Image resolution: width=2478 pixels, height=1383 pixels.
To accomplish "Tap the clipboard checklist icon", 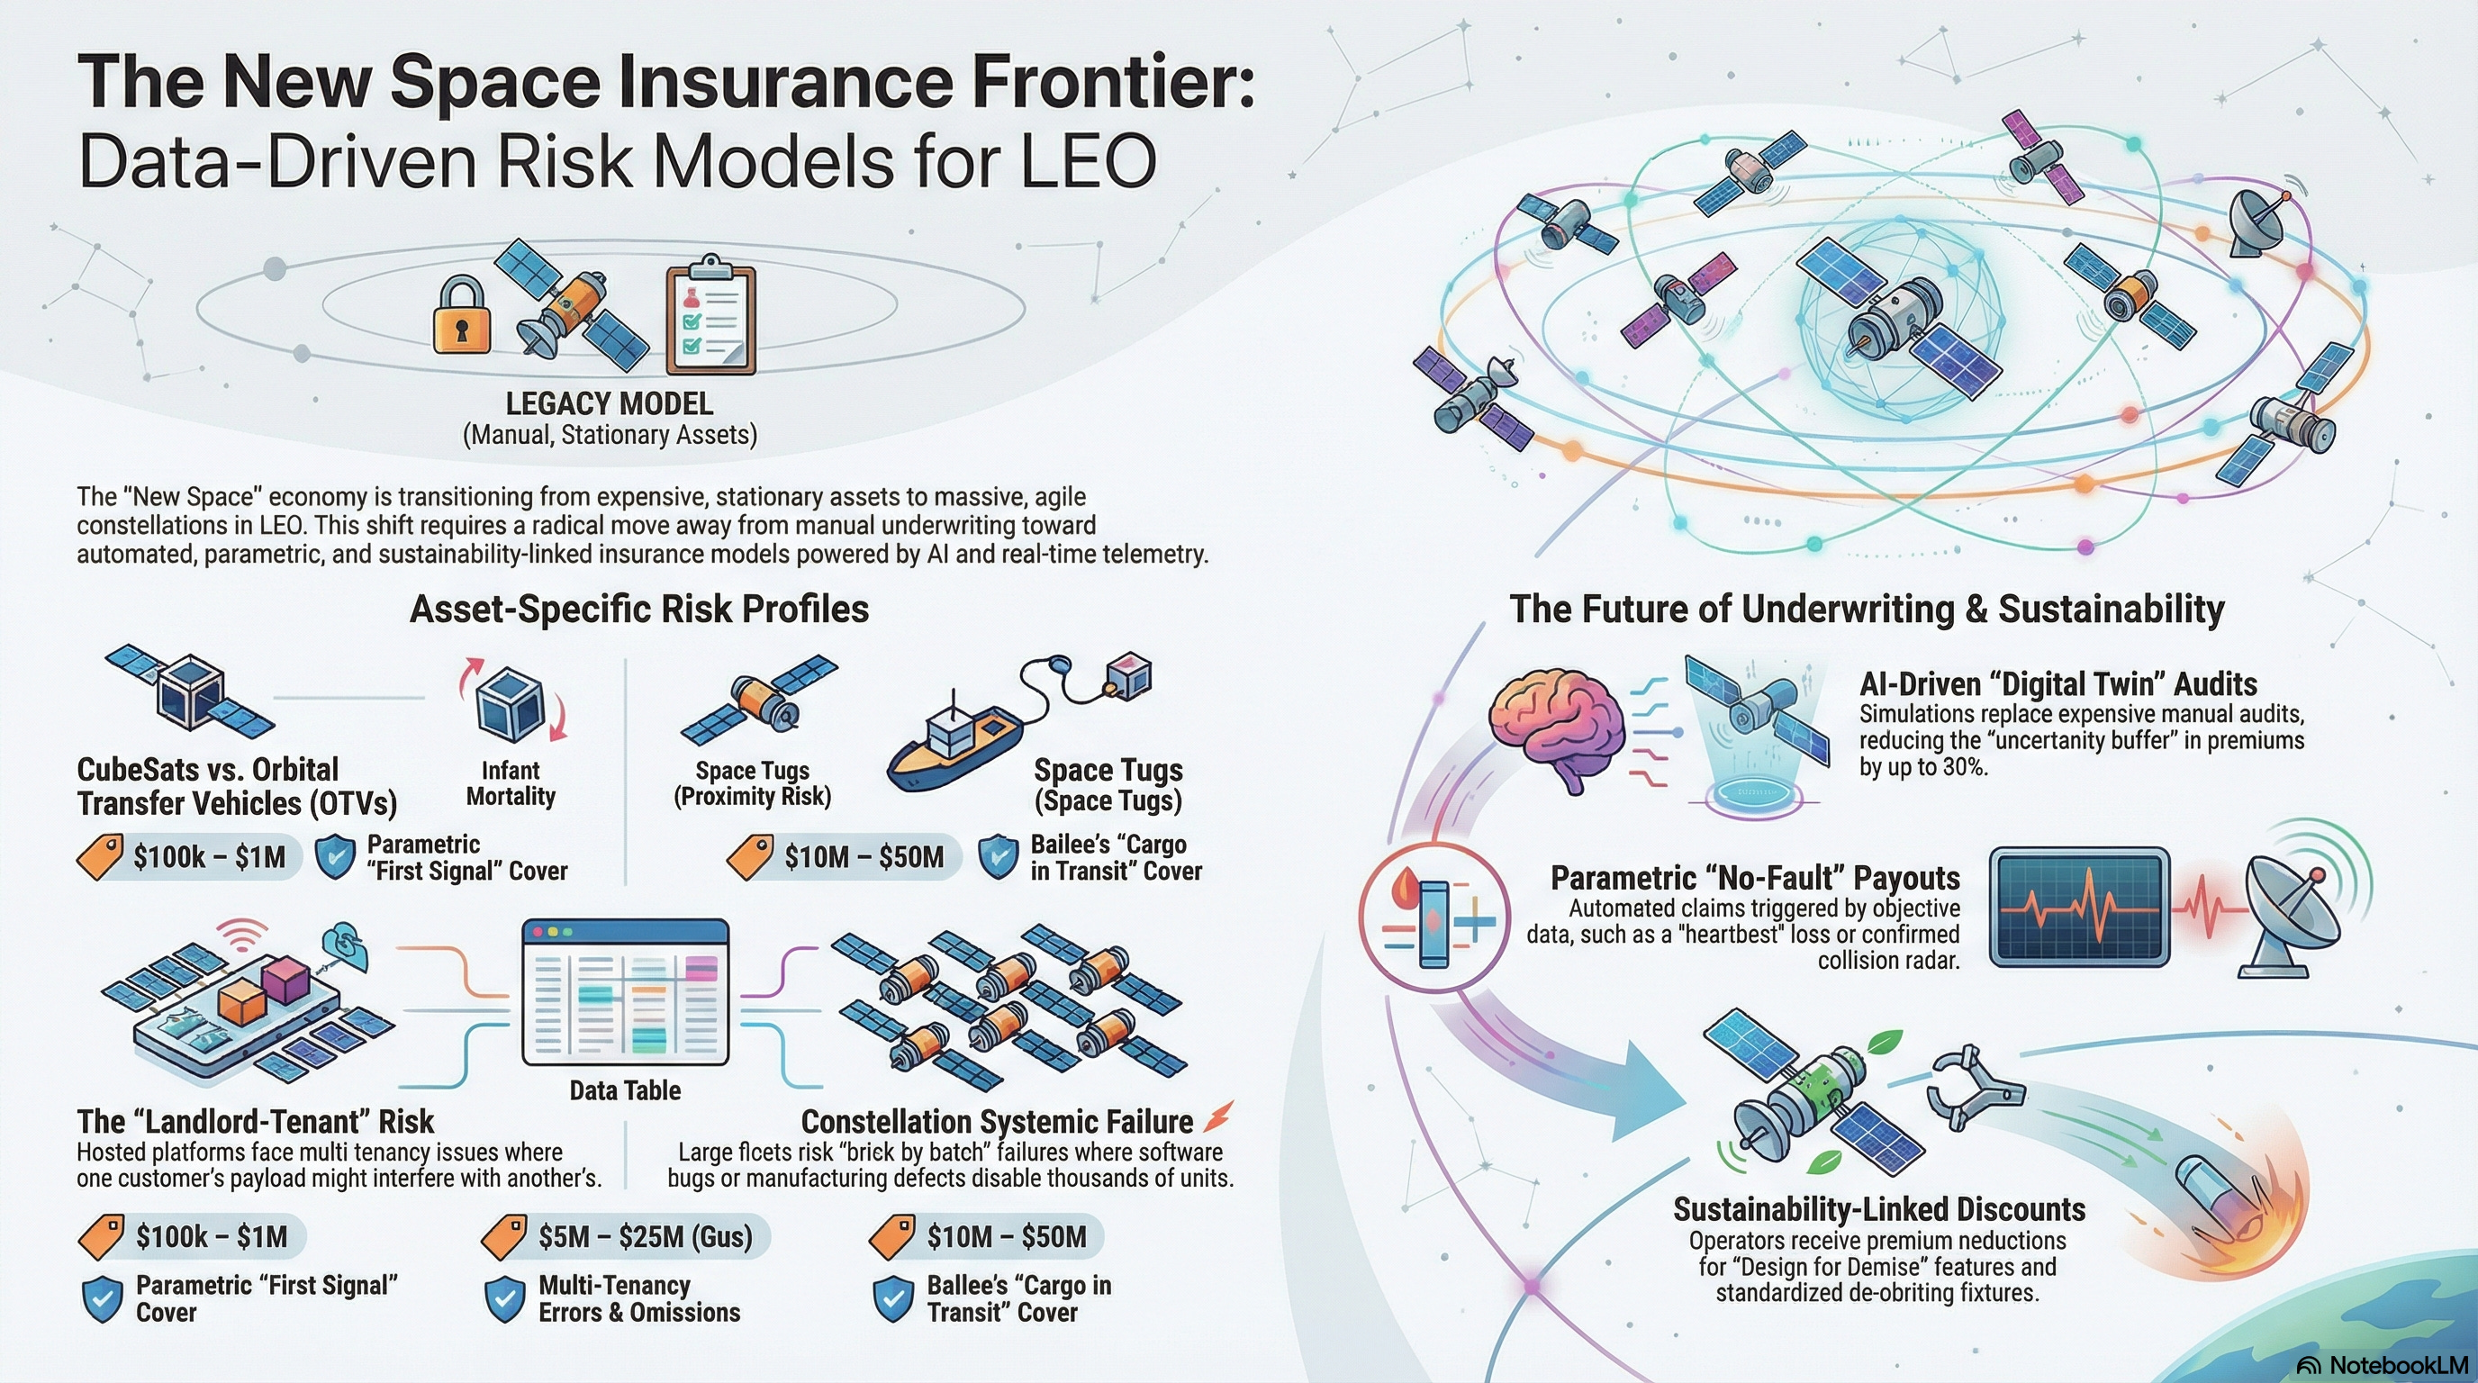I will [x=710, y=317].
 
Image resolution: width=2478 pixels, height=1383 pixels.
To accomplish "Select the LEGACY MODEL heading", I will [x=609, y=403].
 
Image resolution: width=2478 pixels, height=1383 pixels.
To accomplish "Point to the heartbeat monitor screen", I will [x=2078, y=906].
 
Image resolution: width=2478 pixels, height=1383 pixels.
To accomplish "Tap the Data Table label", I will [x=624, y=1089].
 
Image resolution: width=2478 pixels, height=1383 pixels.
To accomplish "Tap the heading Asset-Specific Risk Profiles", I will [x=638, y=609].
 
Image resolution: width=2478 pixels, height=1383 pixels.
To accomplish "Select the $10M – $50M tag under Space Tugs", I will [x=862, y=857].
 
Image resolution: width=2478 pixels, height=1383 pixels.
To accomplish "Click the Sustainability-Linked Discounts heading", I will [x=1878, y=1209].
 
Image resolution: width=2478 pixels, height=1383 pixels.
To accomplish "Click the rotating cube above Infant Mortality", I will [x=511, y=704].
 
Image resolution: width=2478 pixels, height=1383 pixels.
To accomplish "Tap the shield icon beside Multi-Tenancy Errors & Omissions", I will [x=505, y=1298].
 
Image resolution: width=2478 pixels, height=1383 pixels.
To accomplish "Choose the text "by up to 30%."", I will [x=1923, y=767].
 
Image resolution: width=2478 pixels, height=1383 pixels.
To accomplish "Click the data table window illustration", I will [x=625, y=992].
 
